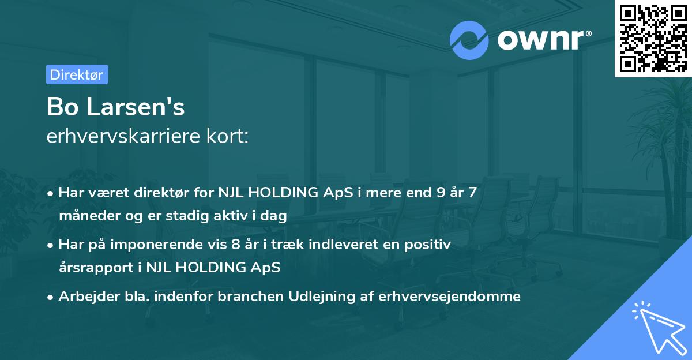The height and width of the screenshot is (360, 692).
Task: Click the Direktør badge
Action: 77,74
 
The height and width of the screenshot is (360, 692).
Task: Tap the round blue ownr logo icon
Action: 469,40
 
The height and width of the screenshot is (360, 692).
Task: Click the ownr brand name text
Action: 542,40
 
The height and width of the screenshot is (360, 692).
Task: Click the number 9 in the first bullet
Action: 441,193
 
